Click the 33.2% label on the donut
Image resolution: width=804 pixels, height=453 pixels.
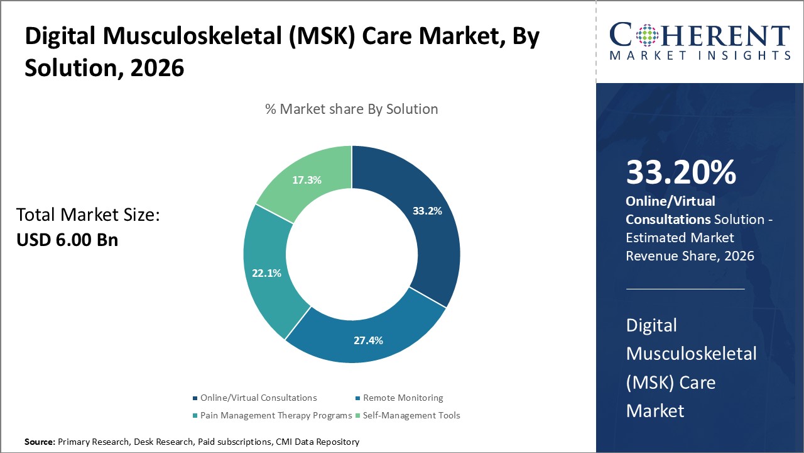point(427,211)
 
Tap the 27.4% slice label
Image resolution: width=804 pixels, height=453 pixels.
point(367,340)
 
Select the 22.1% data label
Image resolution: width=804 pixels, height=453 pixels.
point(266,273)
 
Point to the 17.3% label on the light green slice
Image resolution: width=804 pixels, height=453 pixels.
point(307,180)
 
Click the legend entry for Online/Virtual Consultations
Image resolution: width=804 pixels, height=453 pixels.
point(258,398)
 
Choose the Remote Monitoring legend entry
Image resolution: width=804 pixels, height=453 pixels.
point(403,398)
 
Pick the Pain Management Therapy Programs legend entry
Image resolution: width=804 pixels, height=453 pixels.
point(276,415)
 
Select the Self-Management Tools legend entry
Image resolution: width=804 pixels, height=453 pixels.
point(411,415)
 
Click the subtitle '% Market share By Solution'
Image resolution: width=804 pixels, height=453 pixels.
point(351,109)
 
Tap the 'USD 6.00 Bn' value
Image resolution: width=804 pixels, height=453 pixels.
point(67,240)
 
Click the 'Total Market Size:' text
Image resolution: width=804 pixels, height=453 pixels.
point(89,215)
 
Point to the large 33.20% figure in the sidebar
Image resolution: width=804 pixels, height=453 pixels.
point(681,172)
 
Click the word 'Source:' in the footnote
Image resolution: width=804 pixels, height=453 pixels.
point(40,442)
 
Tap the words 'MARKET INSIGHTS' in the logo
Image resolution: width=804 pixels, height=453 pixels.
point(699,56)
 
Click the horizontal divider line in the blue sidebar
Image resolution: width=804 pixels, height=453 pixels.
point(685,289)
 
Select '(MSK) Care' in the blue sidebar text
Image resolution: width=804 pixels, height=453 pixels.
point(671,382)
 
